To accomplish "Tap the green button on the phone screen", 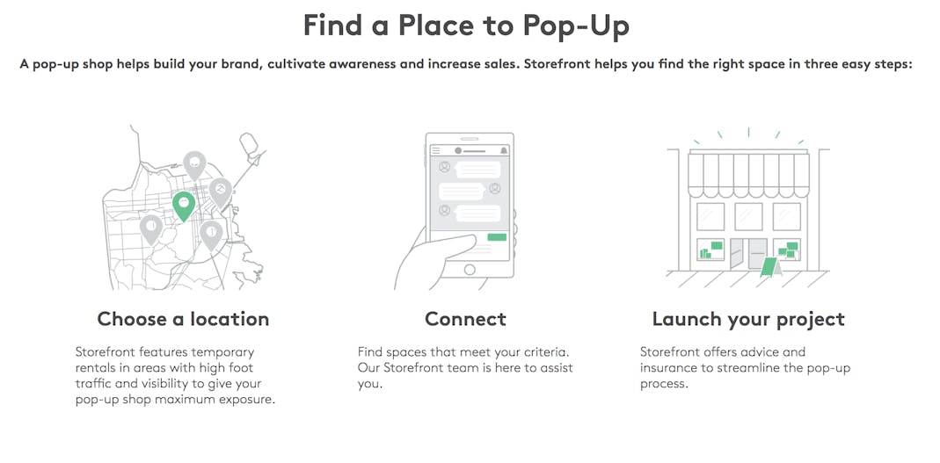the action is [x=497, y=237].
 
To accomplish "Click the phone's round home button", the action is [x=470, y=270].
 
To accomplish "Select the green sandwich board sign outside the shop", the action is [x=769, y=266].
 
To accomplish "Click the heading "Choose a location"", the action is [x=183, y=319].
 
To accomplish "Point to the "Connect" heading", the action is [x=465, y=319].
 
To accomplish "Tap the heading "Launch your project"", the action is [x=748, y=319].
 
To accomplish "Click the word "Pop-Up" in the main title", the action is [x=575, y=25].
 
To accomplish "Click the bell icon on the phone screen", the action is [x=504, y=150].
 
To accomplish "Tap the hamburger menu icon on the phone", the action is [x=436, y=150].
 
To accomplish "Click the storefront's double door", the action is [x=748, y=253].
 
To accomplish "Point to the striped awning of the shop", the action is [x=748, y=174].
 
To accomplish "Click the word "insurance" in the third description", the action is [x=665, y=368].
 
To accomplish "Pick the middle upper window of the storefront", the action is [x=748, y=216].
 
